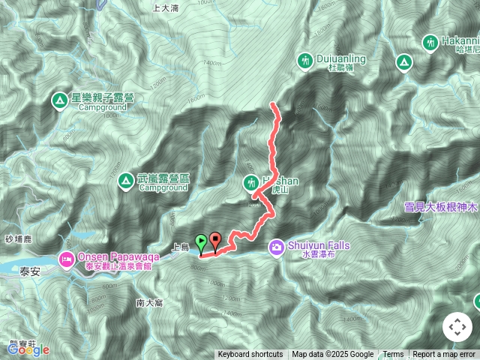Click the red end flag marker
click(216, 241)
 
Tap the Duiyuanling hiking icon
click(305, 59)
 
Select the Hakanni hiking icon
click(430, 43)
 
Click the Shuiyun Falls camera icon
click(277, 246)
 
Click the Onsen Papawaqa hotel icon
click(66, 259)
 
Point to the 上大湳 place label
click(164, 8)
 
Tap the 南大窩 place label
click(150, 303)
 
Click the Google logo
click(28, 349)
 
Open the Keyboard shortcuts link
click(250, 355)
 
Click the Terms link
click(393, 355)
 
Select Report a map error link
click(445, 355)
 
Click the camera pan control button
click(457, 327)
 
